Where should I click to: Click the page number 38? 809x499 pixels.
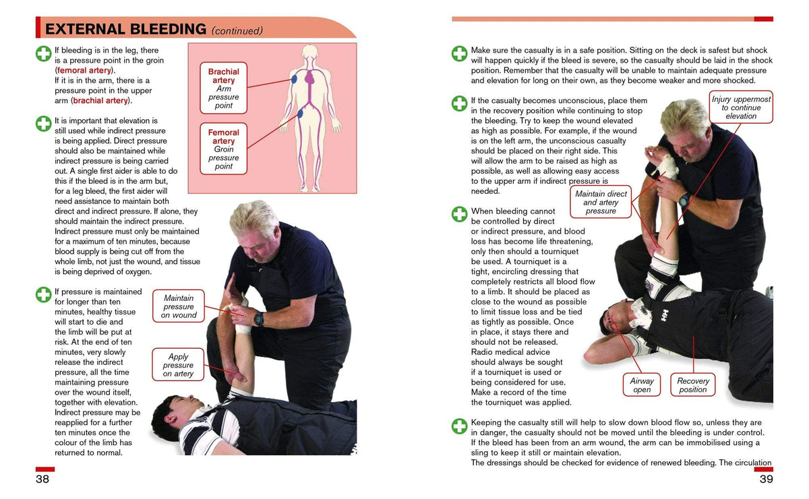[42, 479]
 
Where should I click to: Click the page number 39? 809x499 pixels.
[766, 479]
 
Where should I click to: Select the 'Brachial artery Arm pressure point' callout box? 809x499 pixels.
[223, 88]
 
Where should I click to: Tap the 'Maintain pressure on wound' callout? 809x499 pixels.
[179, 306]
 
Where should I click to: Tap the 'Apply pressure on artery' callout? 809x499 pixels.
[178, 365]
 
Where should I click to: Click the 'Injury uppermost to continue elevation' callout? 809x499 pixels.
[741, 108]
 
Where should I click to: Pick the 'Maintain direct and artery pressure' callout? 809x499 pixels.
[600, 202]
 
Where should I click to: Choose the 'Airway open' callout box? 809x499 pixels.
[641, 385]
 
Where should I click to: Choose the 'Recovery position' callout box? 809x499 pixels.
[692, 385]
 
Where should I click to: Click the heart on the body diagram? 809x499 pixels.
[310, 79]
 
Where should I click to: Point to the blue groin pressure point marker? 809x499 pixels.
[300, 114]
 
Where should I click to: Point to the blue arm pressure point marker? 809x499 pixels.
[295, 79]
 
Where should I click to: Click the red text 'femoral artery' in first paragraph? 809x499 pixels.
[85, 70]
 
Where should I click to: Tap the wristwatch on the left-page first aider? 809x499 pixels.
[259, 318]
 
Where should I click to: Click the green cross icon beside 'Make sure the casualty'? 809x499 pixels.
[459, 54]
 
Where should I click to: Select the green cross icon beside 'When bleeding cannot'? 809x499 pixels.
[459, 214]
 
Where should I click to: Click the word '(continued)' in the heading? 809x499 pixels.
[237, 30]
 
